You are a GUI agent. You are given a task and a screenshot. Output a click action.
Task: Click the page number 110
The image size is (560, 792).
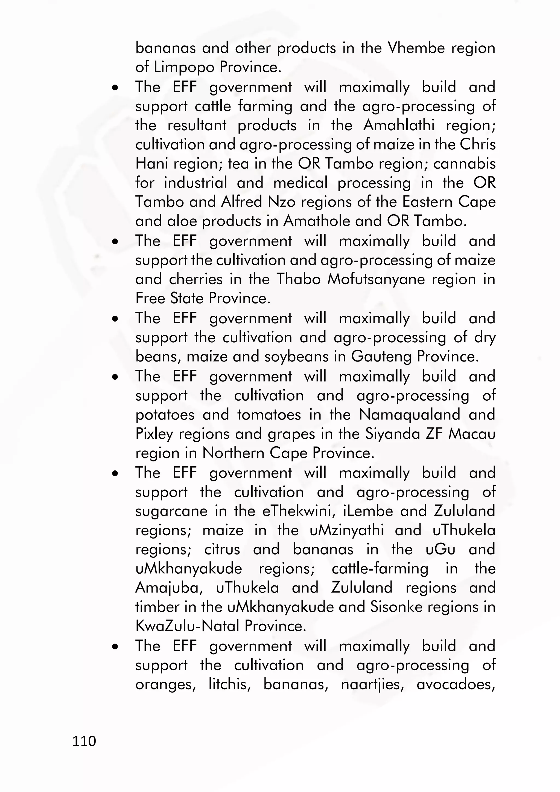click(x=84, y=741)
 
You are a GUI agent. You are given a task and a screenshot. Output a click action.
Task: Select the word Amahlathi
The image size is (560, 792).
click(x=399, y=125)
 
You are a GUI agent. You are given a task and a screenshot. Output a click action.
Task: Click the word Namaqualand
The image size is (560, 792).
click(x=409, y=414)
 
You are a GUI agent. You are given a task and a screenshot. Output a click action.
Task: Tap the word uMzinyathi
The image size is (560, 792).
click(x=346, y=530)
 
